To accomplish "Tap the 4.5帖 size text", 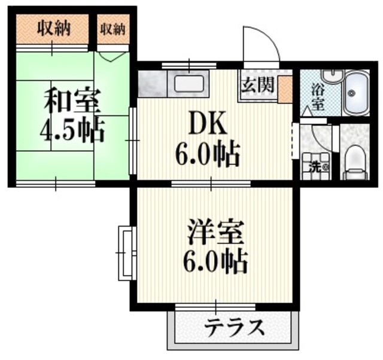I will coord(72,129).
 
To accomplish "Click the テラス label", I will coord(235,328).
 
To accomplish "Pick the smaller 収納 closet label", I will coord(113,28).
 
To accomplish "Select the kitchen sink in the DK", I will coord(190,84).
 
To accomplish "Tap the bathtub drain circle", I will coord(352,93).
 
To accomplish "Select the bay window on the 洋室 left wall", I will coord(125,252).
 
